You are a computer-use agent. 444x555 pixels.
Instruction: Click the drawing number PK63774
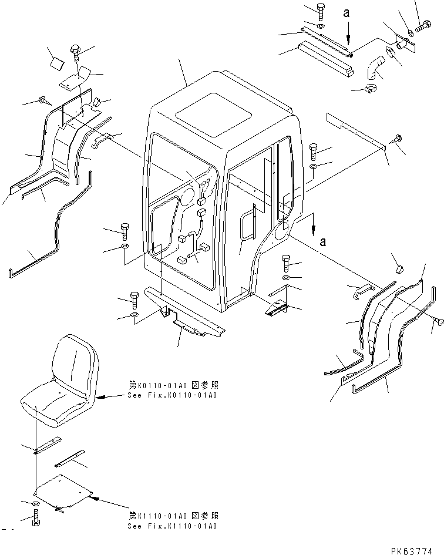point(412,551)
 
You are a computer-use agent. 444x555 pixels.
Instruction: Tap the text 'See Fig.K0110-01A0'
point(172,395)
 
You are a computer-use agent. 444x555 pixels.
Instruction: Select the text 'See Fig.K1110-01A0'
point(172,526)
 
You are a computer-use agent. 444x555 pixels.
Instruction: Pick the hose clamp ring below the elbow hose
point(371,89)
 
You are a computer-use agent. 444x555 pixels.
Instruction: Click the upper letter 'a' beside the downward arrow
point(347,13)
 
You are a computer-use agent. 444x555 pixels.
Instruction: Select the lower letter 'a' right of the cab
point(322,242)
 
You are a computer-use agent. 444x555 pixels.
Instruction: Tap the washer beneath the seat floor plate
point(36,503)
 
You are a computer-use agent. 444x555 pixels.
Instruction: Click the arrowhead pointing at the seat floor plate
point(93,497)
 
